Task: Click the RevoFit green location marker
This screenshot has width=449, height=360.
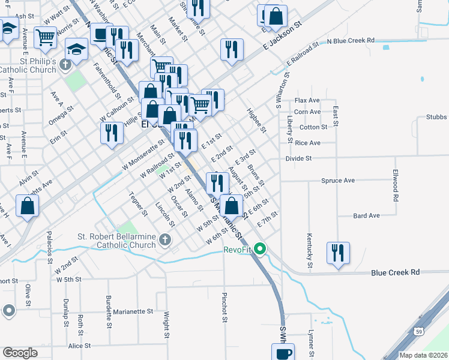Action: click(x=260, y=248)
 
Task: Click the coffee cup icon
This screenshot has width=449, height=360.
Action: click(x=282, y=353)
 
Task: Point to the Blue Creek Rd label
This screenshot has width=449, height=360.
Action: click(x=395, y=272)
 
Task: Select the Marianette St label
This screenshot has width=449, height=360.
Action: click(x=134, y=311)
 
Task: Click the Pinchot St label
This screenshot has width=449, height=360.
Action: click(x=224, y=307)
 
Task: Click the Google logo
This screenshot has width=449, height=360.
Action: click(x=20, y=353)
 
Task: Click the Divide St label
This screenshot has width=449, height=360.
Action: click(x=299, y=158)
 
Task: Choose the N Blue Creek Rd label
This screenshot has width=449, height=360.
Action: click(x=351, y=40)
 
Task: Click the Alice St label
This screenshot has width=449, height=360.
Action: click(x=79, y=346)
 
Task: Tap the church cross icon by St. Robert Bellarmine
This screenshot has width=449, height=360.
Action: click(x=165, y=241)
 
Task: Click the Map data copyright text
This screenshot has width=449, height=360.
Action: click(x=423, y=355)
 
